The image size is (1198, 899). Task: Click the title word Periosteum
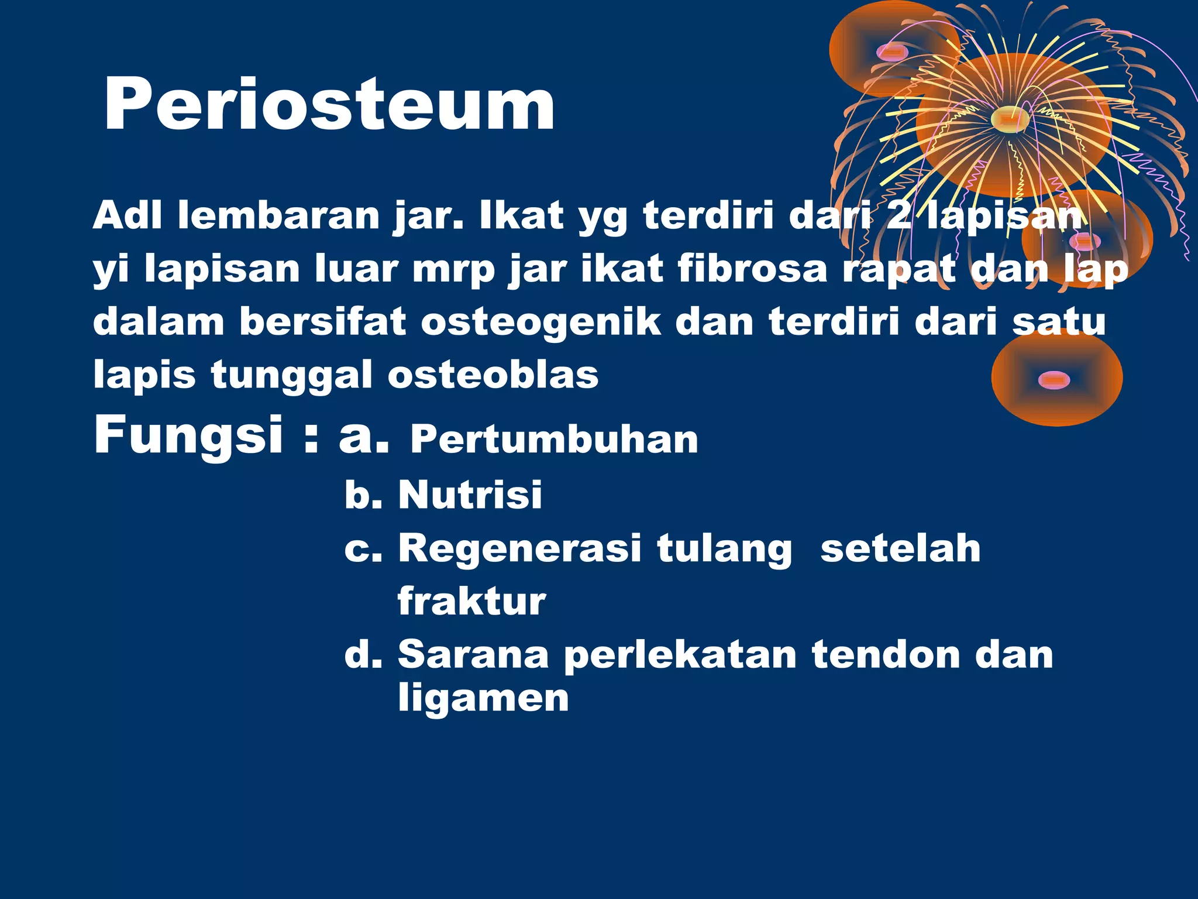(x=329, y=105)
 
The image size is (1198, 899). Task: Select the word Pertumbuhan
(x=554, y=440)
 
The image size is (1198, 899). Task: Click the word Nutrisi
(x=470, y=495)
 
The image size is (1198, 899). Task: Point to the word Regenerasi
(x=519, y=549)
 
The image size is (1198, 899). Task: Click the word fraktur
(x=471, y=601)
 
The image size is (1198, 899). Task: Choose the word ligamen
(x=483, y=698)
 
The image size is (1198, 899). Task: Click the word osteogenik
(x=541, y=322)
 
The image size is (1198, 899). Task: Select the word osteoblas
(x=493, y=375)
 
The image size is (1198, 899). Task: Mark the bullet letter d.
(x=362, y=654)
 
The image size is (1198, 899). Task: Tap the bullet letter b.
(x=362, y=495)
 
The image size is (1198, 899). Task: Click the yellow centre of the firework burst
(x=1010, y=119)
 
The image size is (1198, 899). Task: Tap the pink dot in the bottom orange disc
(x=1054, y=380)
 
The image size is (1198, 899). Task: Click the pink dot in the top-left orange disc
(x=892, y=53)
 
